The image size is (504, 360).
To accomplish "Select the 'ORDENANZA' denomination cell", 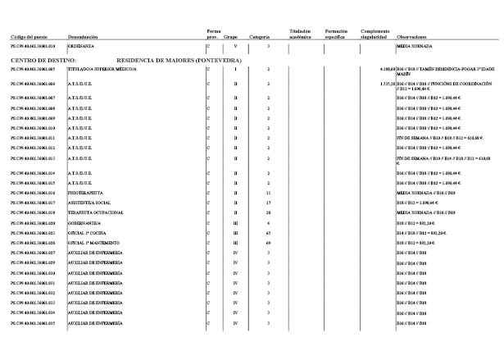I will (x=84, y=48).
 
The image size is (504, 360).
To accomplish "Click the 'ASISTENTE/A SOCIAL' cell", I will (x=89, y=203).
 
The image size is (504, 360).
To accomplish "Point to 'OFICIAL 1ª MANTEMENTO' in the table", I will (x=94, y=243).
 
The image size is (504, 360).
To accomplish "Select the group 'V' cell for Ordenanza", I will (x=234, y=48).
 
